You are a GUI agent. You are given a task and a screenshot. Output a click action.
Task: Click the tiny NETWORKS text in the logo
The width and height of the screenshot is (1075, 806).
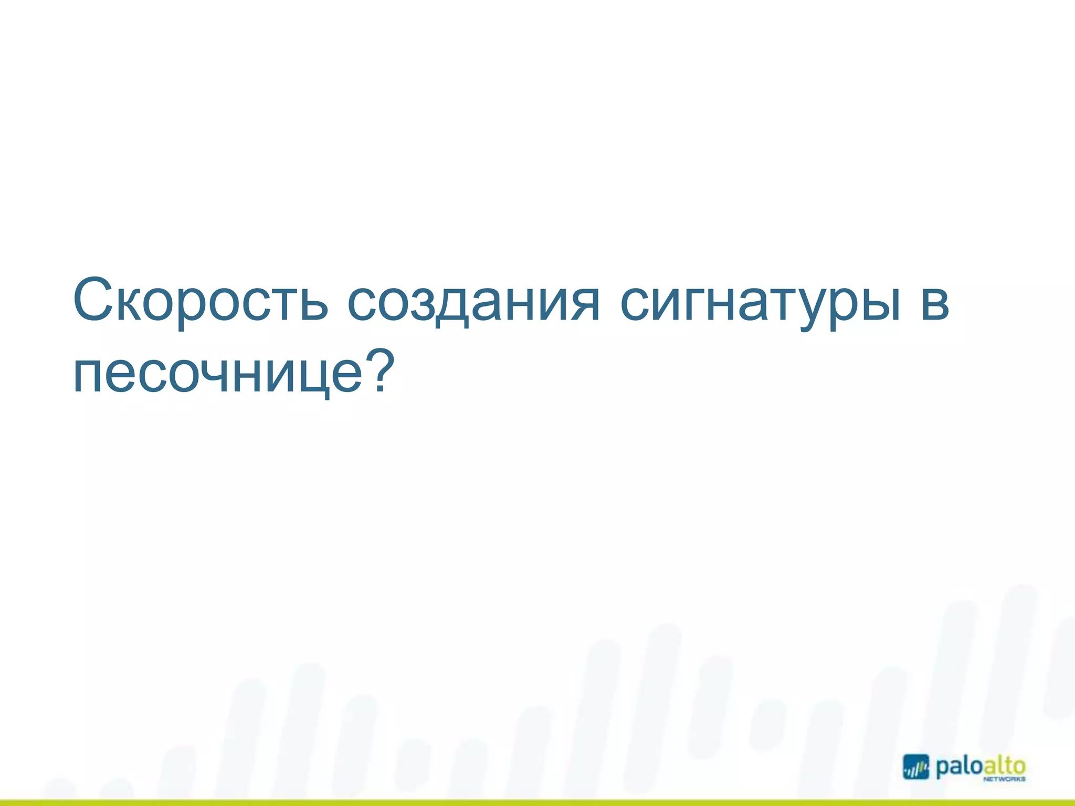1004,780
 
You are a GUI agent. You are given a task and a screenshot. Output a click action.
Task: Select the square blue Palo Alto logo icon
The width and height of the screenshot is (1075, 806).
916,767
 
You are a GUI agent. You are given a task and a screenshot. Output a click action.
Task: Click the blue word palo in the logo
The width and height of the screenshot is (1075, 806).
958,767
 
